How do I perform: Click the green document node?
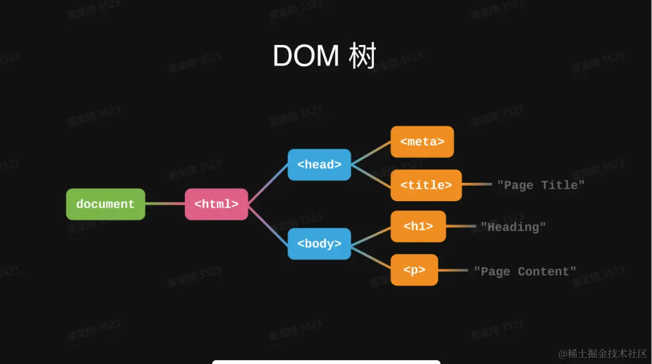(x=106, y=204)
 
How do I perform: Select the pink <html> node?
(x=216, y=204)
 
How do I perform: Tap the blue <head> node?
(x=319, y=164)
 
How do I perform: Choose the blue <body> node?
(x=319, y=243)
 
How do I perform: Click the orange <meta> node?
(x=422, y=142)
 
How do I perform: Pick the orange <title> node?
(x=426, y=185)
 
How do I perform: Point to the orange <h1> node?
(x=418, y=226)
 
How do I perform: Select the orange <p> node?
(x=414, y=270)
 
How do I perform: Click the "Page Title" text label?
(x=541, y=185)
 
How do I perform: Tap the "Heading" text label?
(x=513, y=227)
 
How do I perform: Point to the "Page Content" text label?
(x=525, y=271)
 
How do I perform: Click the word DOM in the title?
(x=306, y=56)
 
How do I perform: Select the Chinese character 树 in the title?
(x=363, y=56)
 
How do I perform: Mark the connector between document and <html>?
(x=165, y=204)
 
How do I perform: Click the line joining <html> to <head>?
(x=268, y=185)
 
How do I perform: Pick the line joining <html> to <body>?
(x=268, y=224)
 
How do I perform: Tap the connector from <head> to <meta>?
(x=371, y=153)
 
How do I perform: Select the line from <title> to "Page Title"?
(x=477, y=185)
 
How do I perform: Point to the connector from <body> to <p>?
(x=371, y=257)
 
